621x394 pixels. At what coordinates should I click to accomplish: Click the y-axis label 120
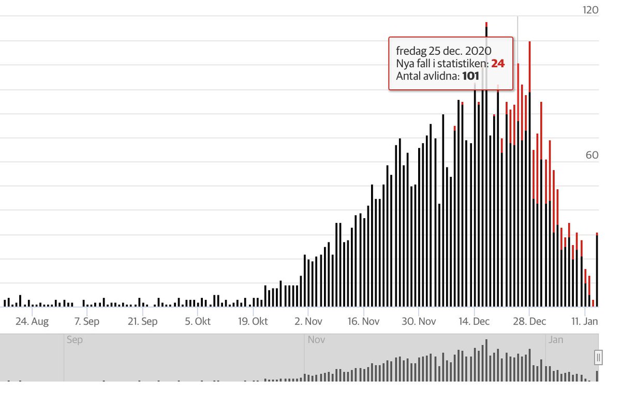coord(590,10)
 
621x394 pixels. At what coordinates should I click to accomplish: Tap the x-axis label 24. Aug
coord(32,322)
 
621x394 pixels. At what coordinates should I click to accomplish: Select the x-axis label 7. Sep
coord(87,322)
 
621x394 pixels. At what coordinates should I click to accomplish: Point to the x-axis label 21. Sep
coord(142,322)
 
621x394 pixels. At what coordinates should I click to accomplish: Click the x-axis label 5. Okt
coord(198,322)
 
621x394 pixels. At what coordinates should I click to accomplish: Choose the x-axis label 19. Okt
coord(253,322)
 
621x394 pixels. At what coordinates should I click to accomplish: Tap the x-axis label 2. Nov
coord(308,322)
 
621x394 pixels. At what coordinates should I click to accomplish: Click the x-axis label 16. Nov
coord(363,322)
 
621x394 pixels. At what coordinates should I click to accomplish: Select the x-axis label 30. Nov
coord(419,322)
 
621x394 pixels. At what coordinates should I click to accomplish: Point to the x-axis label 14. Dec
coord(474,322)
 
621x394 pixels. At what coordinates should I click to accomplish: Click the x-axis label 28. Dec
coord(529,322)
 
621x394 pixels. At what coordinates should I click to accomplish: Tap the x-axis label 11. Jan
coord(585,322)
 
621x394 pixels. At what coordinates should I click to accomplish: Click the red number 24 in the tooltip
coord(498,64)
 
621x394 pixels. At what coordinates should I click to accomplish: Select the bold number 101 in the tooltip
coord(470,76)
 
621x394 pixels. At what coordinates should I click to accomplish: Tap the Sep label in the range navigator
coord(75,340)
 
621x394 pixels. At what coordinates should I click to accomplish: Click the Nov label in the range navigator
coord(316,340)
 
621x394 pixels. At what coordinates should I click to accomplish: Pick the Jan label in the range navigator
coord(556,340)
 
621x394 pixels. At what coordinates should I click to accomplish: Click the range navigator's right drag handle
coord(598,357)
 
